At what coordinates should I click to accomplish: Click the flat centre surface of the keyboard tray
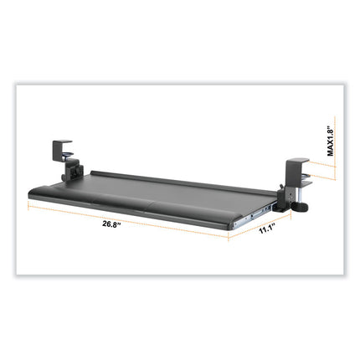click(x=167, y=188)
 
